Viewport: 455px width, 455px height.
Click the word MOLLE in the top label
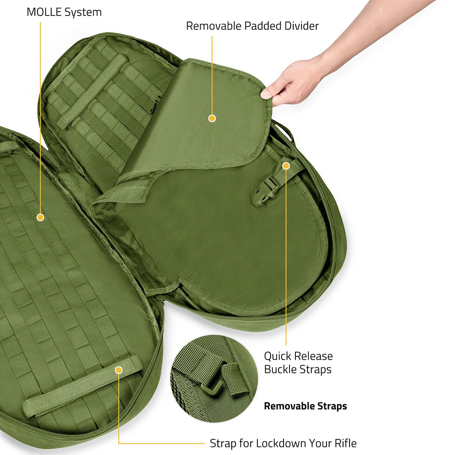(x=44, y=12)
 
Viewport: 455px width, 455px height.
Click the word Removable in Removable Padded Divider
(x=213, y=26)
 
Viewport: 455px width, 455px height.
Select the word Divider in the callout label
(x=301, y=26)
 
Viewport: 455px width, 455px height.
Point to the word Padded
(x=262, y=26)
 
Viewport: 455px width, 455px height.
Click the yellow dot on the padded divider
(x=212, y=118)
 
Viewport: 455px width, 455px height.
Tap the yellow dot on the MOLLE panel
(x=40, y=217)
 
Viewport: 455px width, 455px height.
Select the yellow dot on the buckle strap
(x=286, y=166)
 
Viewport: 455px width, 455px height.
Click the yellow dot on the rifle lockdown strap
(x=119, y=370)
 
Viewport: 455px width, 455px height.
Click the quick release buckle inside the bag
(x=266, y=191)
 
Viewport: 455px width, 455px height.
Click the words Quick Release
(x=298, y=356)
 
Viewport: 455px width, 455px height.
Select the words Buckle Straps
(x=298, y=370)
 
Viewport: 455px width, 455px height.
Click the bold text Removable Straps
(x=306, y=406)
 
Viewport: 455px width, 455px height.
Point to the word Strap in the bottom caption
(x=223, y=437)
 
